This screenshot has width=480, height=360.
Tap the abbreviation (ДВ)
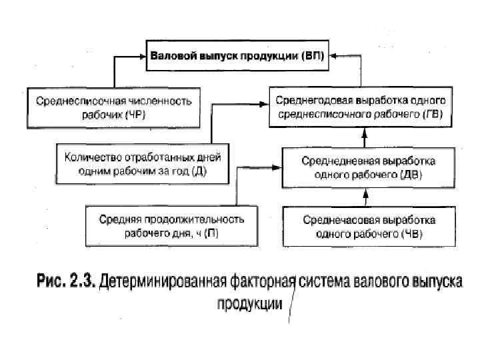(409, 173)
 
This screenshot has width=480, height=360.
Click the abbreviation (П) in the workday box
(212, 232)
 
